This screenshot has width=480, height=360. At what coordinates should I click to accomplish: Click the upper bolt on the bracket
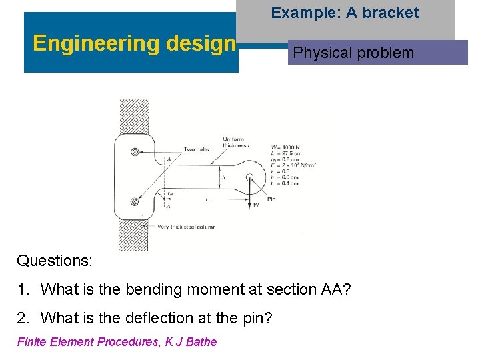click(x=136, y=152)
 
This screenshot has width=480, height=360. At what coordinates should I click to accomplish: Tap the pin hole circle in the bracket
click(x=249, y=177)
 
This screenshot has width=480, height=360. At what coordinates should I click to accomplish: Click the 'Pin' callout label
click(x=271, y=199)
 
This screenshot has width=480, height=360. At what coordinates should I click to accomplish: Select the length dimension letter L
click(x=207, y=199)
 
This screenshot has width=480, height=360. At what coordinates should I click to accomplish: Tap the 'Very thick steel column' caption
click(x=187, y=227)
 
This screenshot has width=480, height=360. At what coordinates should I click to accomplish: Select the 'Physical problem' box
click(x=354, y=53)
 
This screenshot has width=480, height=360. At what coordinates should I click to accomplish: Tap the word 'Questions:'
click(x=55, y=260)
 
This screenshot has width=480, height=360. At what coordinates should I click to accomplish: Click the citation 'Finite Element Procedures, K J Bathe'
click(x=117, y=342)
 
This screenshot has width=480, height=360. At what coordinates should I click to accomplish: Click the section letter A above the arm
click(x=169, y=159)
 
